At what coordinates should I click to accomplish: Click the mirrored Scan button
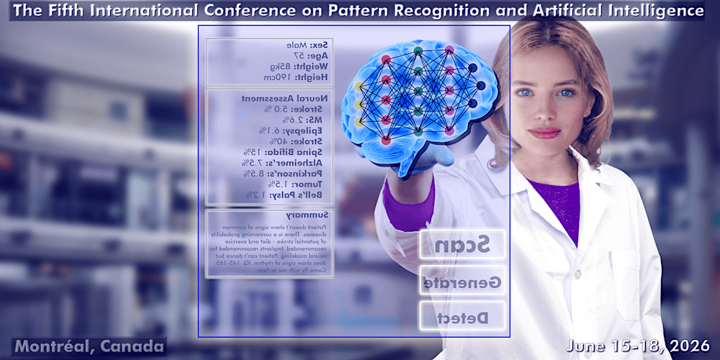(x=463, y=244)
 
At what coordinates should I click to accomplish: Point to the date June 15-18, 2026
(x=639, y=346)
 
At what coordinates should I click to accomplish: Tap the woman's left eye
(x=567, y=93)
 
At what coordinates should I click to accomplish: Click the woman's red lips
(x=544, y=132)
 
